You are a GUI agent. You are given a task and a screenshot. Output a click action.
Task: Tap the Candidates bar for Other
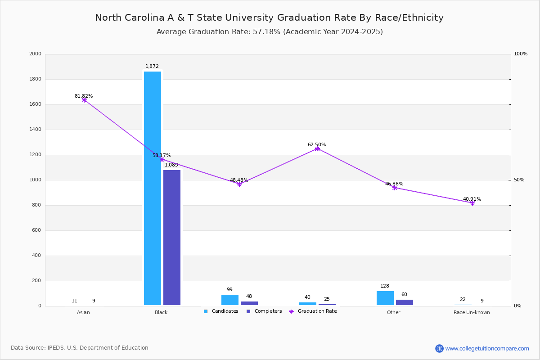[x=385, y=298]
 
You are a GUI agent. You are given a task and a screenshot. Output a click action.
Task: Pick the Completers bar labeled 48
[x=249, y=303]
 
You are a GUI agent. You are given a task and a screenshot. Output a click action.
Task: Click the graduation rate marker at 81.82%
[x=84, y=100]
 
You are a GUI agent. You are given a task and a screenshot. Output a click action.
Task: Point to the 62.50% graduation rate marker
[x=317, y=148]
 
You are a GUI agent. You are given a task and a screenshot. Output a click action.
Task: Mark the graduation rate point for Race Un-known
[x=472, y=203]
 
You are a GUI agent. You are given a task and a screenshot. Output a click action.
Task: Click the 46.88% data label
[x=394, y=184]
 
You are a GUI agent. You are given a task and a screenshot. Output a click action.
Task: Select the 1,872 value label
[x=152, y=66]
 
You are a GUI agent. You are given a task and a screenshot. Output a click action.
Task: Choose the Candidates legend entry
[x=221, y=311]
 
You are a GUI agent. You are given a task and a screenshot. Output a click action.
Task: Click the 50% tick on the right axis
[x=519, y=180]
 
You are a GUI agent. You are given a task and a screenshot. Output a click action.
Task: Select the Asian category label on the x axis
[x=83, y=312]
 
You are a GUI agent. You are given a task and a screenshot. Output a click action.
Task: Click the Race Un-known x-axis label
[x=472, y=312]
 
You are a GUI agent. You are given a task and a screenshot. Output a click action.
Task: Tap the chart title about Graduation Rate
[x=269, y=18]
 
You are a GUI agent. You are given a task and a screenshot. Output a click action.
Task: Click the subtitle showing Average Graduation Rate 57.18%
[x=269, y=32]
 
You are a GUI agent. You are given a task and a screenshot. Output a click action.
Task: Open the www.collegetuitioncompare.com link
[x=487, y=348]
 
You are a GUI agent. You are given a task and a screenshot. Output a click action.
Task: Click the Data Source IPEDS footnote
[x=80, y=348]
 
